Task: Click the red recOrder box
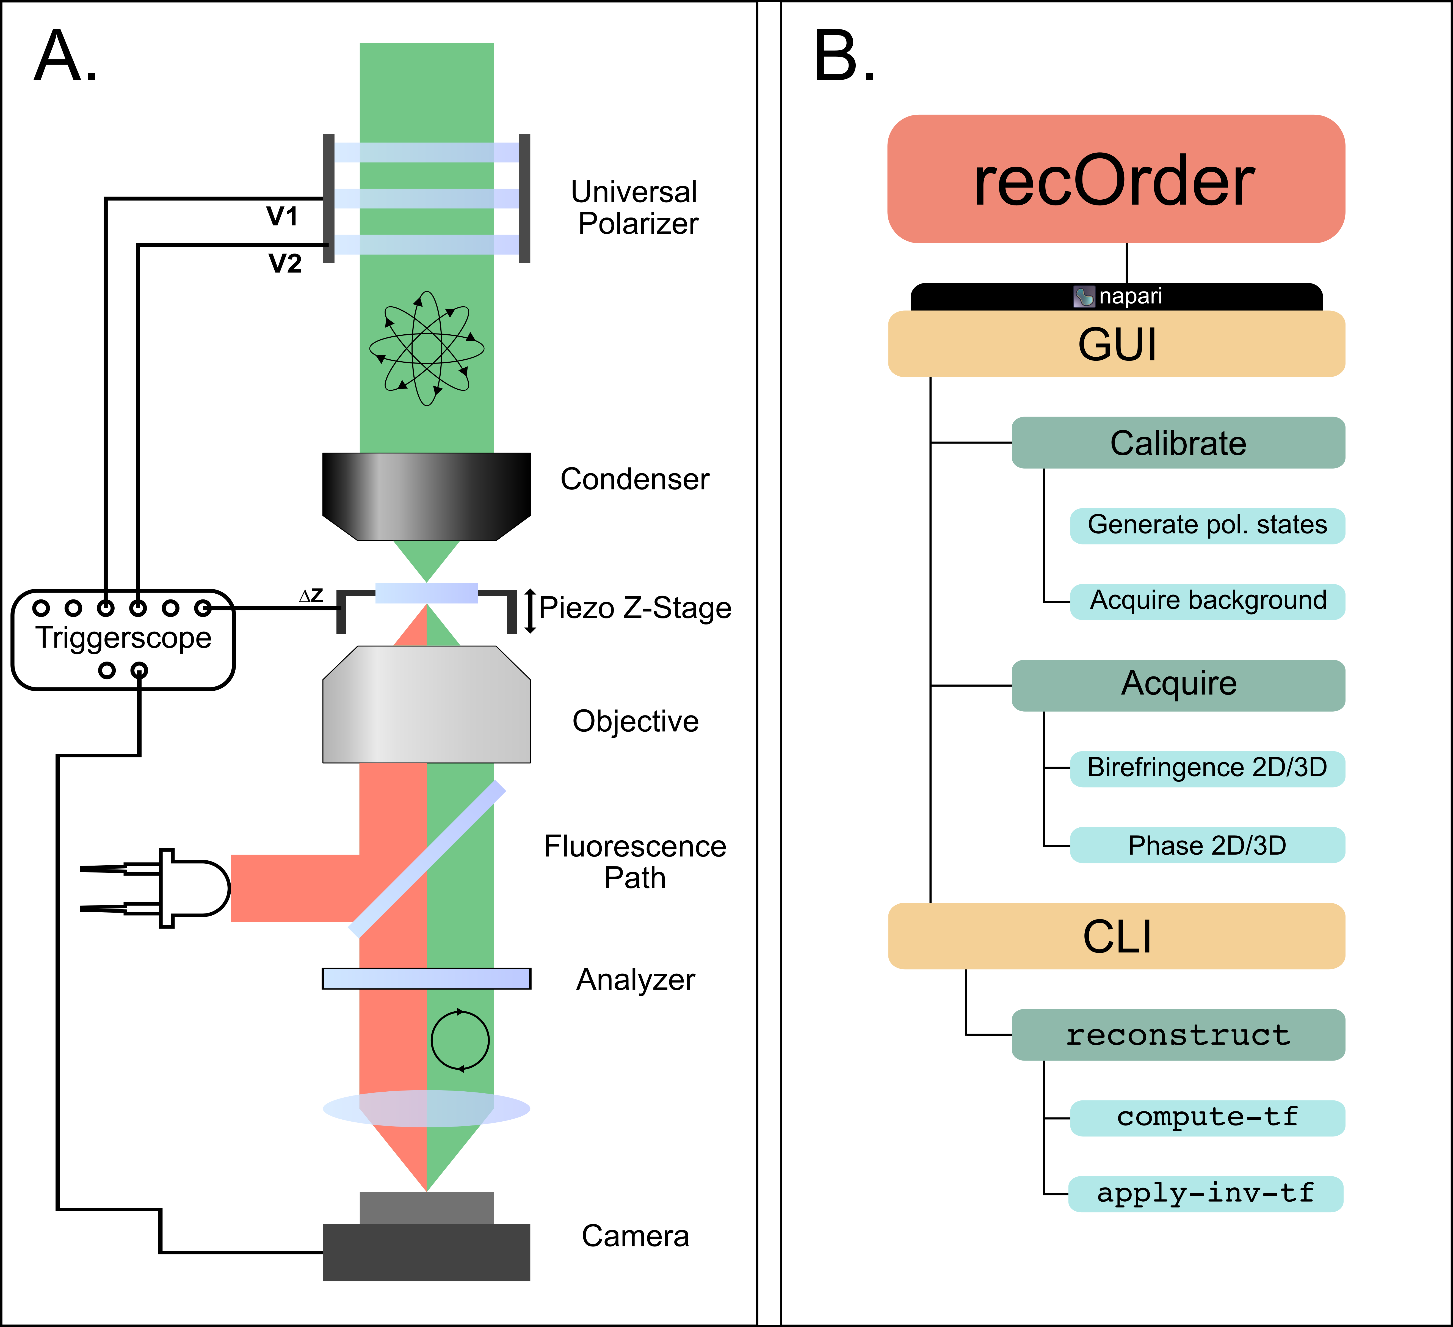pyautogui.click(x=1116, y=179)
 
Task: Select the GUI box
pyautogui.click(x=1116, y=344)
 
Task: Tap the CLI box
pyautogui.click(x=1116, y=936)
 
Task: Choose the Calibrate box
pyautogui.click(x=1178, y=443)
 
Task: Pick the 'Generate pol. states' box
pyautogui.click(x=1207, y=525)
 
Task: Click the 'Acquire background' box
pyautogui.click(x=1207, y=601)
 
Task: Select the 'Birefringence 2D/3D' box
pyautogui.click(x=1207, y=768)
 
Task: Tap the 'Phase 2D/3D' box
pyautogui.click(x=1207, y=845)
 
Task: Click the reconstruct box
pyautogui.click(x=1178, y=1034)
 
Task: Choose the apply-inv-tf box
pyautogui.click(x=1205, y=1194)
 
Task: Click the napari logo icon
pyautogui.click(x=1084, y=296)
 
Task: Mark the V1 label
pyautogui.click(x=282, y=216)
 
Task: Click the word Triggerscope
pyautogui.click(x=123, y=638)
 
